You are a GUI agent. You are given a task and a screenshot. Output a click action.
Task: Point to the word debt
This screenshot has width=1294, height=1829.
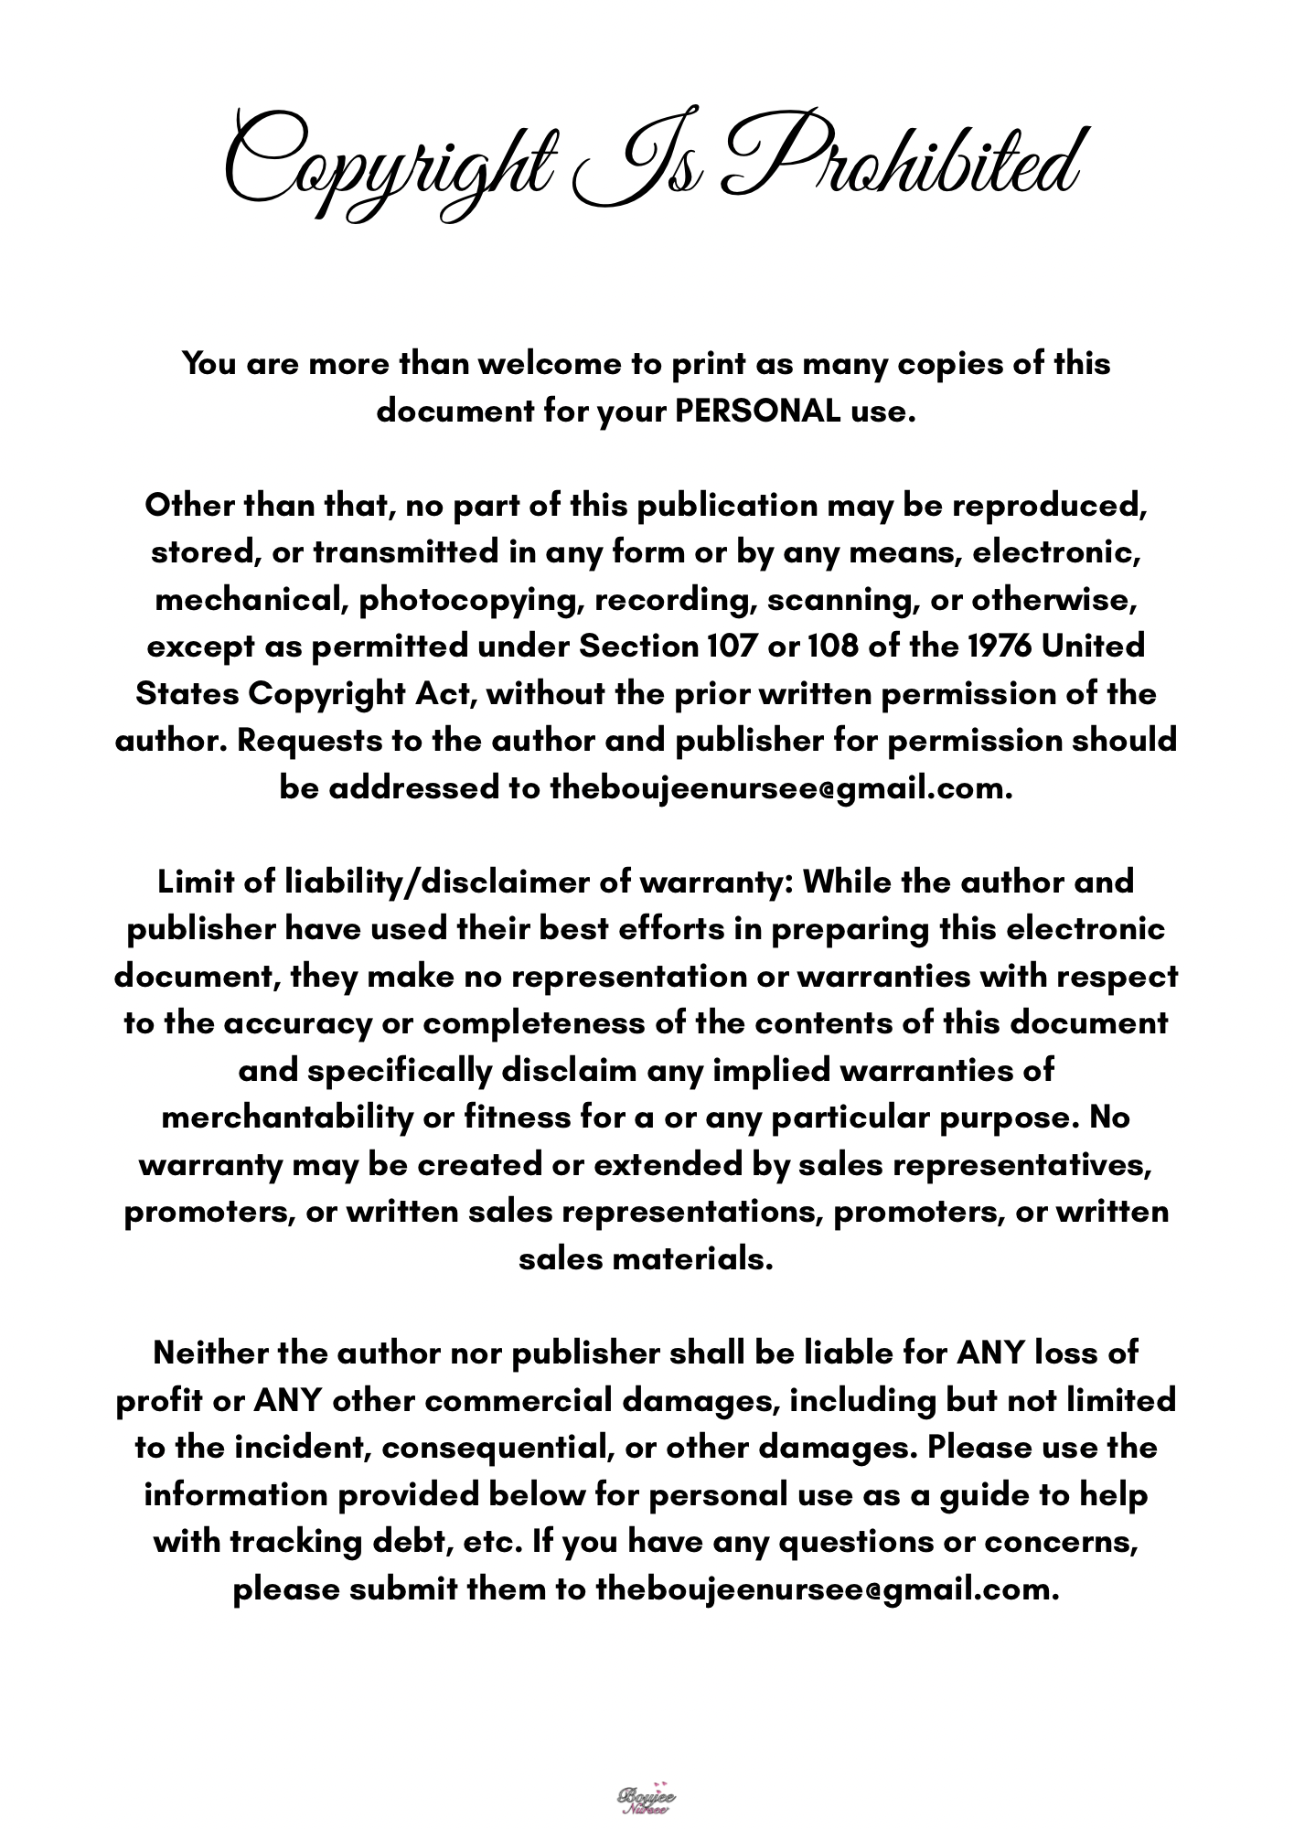(x=407, y=1541)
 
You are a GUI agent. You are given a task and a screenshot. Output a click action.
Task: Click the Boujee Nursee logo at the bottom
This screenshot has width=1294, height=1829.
(x=647, y=1797)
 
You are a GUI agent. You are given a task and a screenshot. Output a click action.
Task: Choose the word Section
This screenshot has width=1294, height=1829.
(x=639, y=646)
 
